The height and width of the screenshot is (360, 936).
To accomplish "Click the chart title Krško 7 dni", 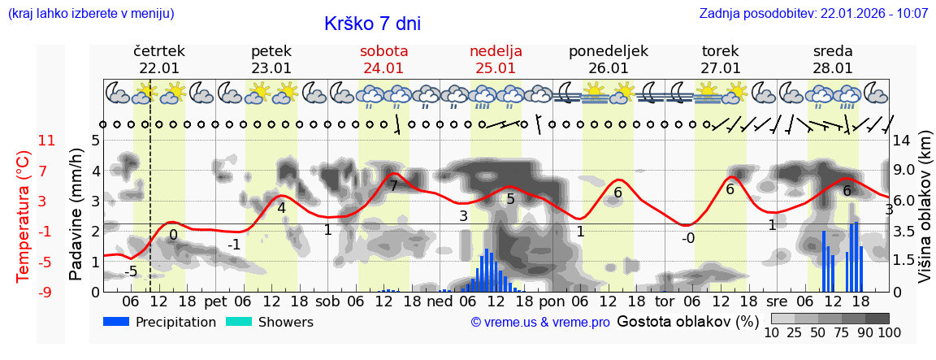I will [x=372, y=24].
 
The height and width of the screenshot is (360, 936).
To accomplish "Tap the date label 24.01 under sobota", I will [x=383, y=68].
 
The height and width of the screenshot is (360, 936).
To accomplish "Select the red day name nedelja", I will [x=496, y=51].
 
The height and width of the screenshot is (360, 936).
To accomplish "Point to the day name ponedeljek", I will [x=608, y=51].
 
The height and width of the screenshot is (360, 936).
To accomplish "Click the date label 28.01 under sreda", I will [x=833, y=68].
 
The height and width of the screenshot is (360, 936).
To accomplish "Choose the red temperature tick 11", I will [x=47, y=141].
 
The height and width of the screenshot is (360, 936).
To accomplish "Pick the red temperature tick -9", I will [x=47, y=292].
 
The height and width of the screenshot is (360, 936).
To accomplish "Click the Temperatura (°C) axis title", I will [x=23, y=215].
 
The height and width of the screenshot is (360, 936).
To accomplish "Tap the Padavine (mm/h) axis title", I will [x=77, y=214].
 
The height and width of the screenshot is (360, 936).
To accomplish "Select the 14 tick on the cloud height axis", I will [x=903, y=141].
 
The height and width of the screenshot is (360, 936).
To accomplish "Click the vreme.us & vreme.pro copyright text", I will [x=540, y=323].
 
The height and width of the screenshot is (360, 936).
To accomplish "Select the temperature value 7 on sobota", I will [x=393, y=186].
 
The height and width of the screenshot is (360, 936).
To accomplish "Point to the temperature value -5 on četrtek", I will [x=131, y=271].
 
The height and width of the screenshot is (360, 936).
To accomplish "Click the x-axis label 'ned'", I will [x=440, y=301].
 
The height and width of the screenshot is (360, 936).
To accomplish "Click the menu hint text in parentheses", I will [x=90, y=14].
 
